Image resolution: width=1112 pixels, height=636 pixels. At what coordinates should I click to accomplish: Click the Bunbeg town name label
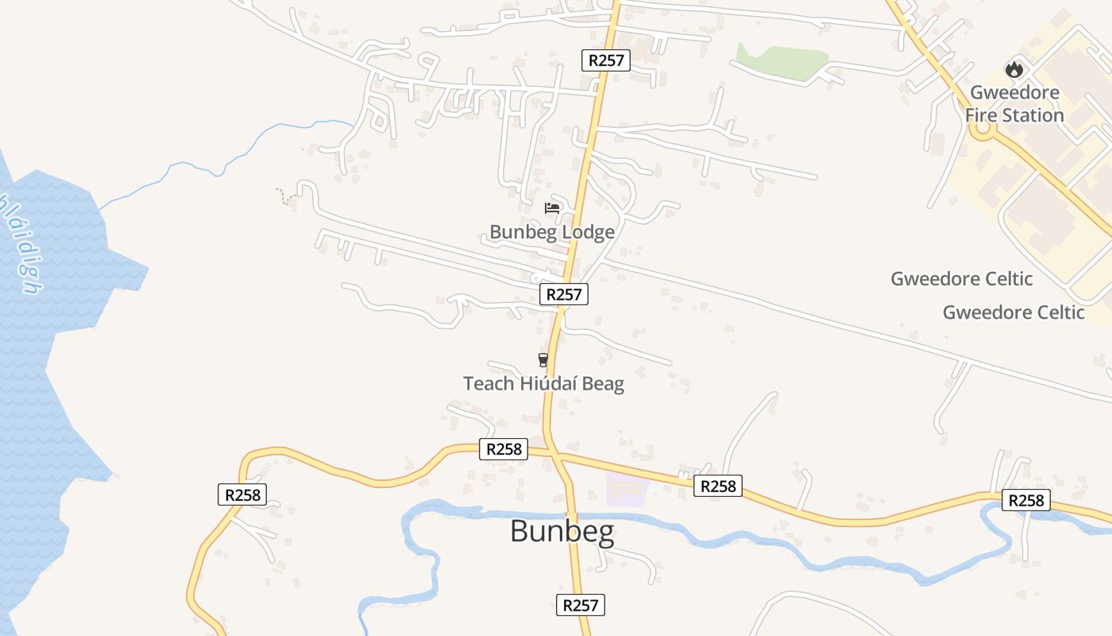click(562, 531)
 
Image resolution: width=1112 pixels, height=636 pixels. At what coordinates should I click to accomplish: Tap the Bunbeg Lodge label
click(552, 232)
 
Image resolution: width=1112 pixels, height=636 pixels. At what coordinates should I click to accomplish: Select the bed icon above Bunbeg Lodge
click(552, 208)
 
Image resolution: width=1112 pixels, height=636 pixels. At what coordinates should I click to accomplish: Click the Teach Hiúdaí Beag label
click(543, 384)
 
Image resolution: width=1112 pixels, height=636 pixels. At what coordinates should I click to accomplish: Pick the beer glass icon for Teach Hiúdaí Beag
click(543, 360)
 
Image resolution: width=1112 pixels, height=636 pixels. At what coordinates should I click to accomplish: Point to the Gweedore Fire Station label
click(1014, 104)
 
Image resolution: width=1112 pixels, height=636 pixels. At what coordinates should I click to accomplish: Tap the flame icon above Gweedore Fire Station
click(1014, 70)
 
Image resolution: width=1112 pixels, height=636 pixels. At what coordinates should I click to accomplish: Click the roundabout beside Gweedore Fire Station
click(983, 127)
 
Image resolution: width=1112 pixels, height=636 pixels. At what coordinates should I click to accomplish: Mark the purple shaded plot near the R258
click(627, 489)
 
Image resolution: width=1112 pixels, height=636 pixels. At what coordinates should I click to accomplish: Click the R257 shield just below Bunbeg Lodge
click(564, 294)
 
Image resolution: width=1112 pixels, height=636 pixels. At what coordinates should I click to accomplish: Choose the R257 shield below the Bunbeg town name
click(580, 604)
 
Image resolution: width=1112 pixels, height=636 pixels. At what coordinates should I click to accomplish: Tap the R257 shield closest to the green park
click(606, 60)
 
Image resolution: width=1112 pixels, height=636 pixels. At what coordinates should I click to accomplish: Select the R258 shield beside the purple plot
click(718, 486)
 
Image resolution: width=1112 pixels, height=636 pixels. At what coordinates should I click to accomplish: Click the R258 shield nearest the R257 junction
click(504, 449)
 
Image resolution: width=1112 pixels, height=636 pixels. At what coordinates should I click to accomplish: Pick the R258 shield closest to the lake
click(242, 494)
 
